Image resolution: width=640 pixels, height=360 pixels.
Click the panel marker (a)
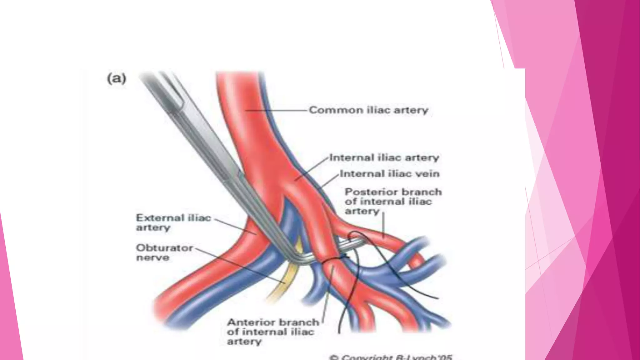click(117, 78)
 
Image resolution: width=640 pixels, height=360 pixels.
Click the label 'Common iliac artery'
click(368, 110)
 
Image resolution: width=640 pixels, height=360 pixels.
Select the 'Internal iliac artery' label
click(384, 157)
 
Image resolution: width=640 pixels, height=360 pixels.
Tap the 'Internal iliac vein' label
click(390, 173)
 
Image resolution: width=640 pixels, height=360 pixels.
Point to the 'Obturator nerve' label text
click(164, 252)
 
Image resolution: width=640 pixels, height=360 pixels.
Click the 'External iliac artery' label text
click(173, 222)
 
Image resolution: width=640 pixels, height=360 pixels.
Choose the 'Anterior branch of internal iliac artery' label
click(273, 332)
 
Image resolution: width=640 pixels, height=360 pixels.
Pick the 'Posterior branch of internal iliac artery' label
click(393, 201)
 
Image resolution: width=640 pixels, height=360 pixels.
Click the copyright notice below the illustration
click(391, 357)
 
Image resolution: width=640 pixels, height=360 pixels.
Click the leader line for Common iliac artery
click(275, 110)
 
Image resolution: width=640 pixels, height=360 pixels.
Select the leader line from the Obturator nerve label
click(241, 266)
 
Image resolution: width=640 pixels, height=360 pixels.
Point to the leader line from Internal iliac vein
click(330, 181)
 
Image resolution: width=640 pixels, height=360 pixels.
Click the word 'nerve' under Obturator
click(153, 258)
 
